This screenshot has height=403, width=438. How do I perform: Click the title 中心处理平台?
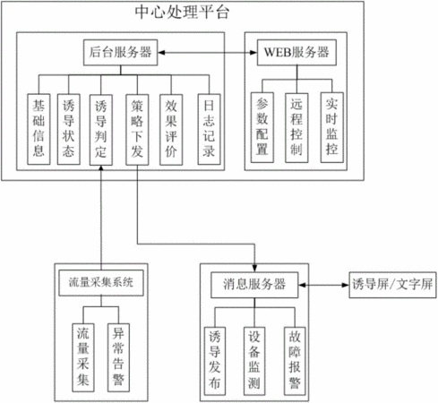(182, 13)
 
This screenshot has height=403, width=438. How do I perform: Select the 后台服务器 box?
(120, 53)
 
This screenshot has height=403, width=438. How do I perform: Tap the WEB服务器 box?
(296, 53)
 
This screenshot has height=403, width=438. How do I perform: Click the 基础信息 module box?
(39, 129)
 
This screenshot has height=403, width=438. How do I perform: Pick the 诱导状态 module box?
(69, 129)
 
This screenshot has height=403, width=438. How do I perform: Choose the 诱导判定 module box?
(101, 130)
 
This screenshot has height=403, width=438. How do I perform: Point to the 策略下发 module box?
(137, 130)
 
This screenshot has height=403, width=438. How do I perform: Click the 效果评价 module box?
(171, 130)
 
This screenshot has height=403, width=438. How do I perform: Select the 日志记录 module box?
(209, 129)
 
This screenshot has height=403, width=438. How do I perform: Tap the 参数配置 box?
(262, 127)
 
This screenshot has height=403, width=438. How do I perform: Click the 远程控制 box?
(296, 128)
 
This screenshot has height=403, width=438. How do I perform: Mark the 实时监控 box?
(332, 127)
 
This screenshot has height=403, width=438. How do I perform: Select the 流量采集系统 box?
(101, 283)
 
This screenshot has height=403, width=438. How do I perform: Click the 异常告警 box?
(118, 357)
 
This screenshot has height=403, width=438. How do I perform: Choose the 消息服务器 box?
(254, 285)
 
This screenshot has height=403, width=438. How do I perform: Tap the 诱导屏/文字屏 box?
(392, 285)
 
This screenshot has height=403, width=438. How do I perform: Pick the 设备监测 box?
(254, 361)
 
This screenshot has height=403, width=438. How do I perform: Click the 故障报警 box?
(295, 361)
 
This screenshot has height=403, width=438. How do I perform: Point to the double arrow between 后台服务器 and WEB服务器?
(208, 53)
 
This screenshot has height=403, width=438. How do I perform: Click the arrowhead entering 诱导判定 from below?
(101, 168)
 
